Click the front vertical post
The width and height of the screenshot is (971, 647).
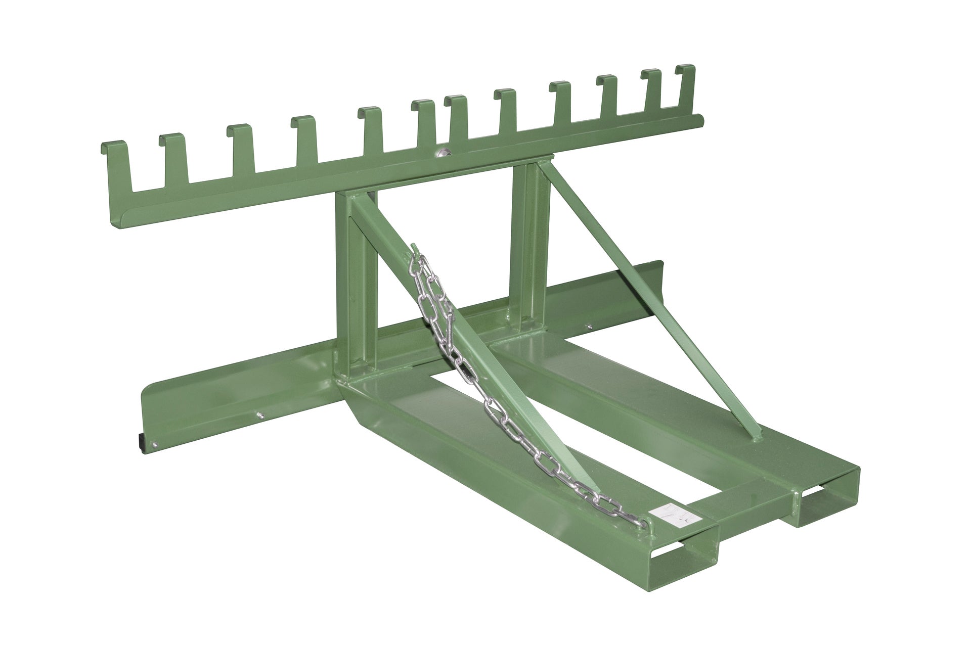(x=349, y=273)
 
